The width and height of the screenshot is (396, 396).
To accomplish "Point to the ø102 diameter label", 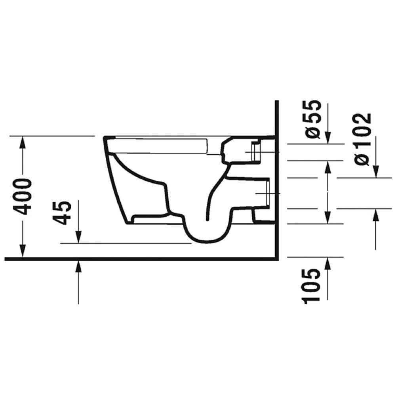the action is (x=363, y=139).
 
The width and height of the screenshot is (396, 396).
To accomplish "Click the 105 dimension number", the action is (x=311, y=286).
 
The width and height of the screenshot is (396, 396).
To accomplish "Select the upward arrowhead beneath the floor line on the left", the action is (x=79, y=267).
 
